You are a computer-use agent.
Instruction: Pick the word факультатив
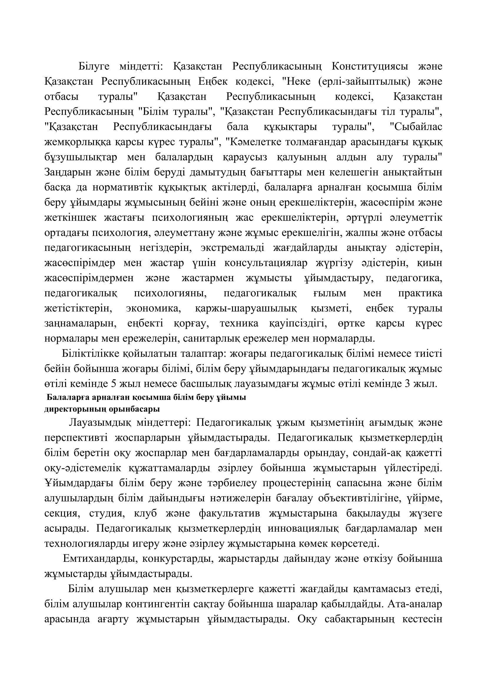229,513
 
